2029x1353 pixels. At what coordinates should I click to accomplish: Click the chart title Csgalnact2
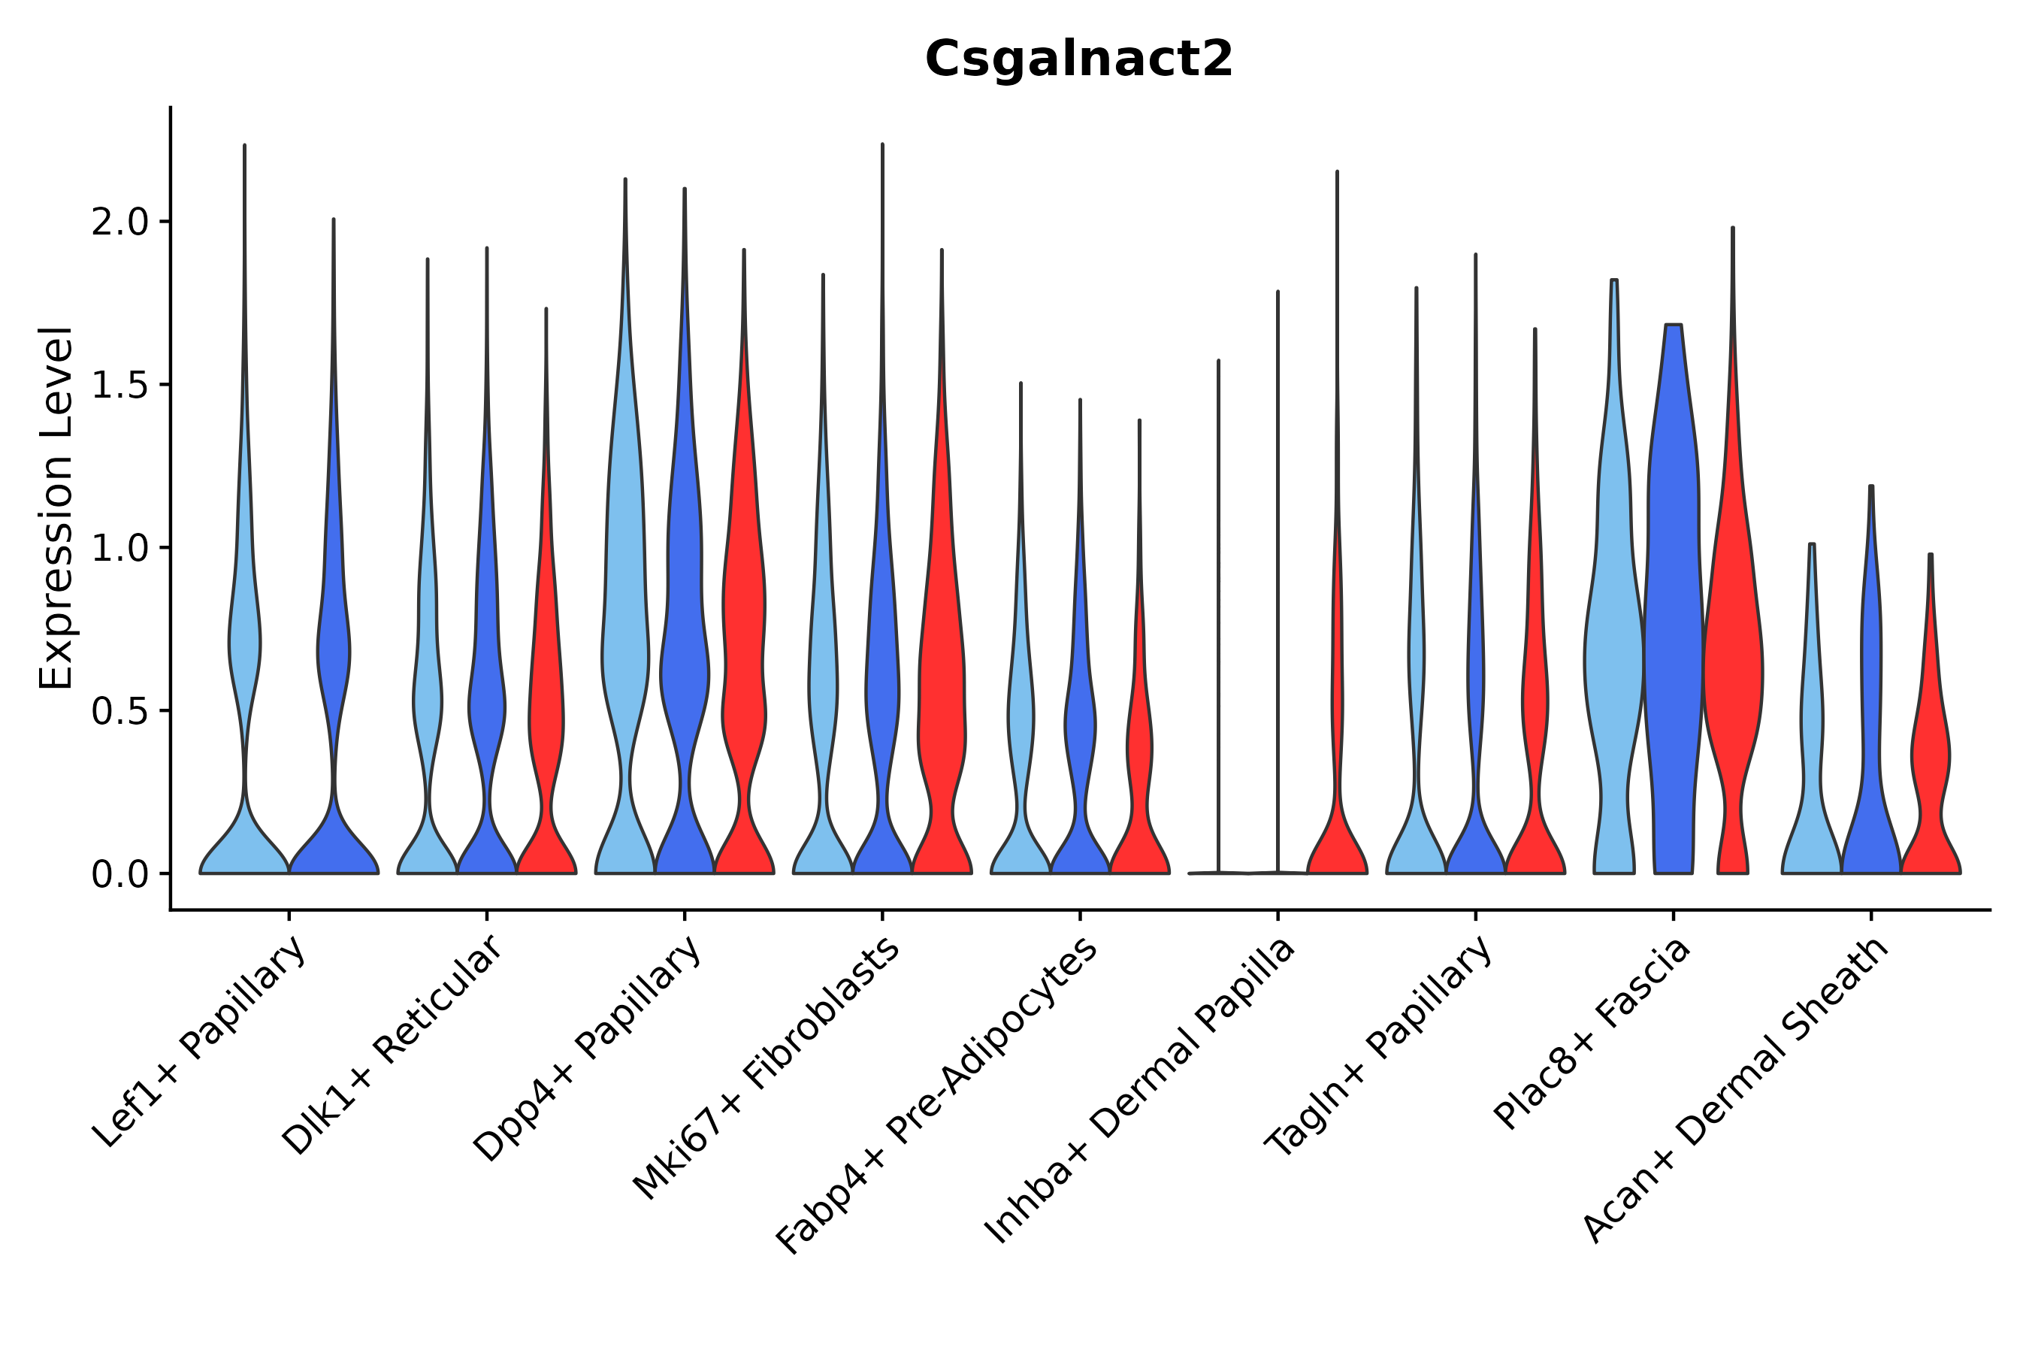click(1078, 60)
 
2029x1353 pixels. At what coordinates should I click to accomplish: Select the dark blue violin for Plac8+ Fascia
click(1673, 604)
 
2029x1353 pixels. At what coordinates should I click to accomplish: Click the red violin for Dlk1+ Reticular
click(546, 707)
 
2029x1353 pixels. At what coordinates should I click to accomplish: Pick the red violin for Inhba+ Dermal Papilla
click(1337, 828)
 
